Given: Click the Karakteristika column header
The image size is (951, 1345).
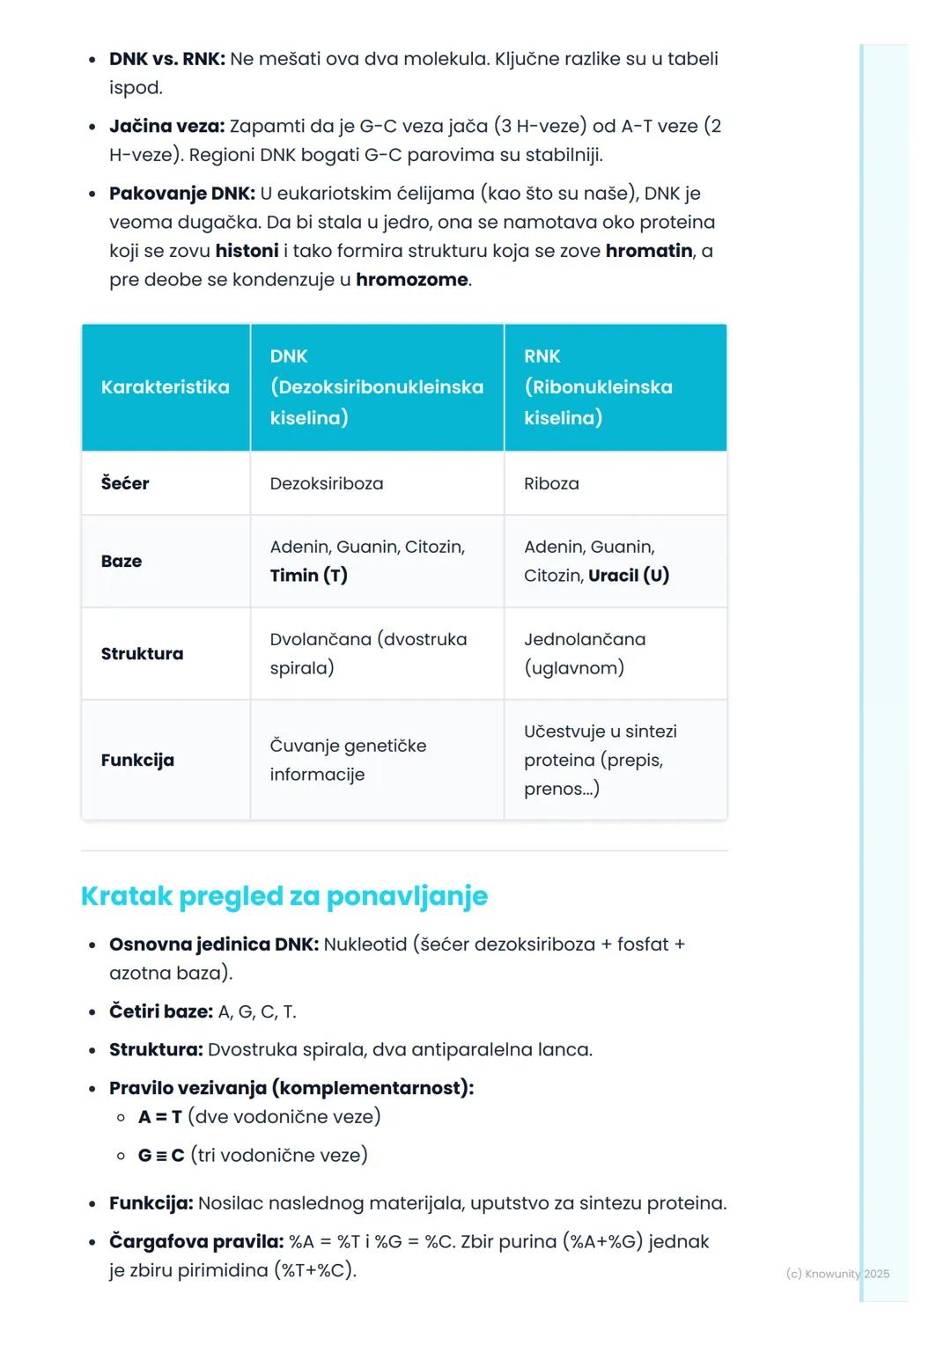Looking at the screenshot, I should click(165, 387).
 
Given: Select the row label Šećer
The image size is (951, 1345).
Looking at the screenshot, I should click(125, 483).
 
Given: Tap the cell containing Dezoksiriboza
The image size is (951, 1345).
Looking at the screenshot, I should click(327, 483).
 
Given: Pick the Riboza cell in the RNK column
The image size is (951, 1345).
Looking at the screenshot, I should click(551, 483).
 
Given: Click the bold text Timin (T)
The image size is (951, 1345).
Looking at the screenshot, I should click(308, 576).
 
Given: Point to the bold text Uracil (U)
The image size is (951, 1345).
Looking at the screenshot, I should click(629, 576).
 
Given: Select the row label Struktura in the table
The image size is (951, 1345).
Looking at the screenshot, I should click(142, 654).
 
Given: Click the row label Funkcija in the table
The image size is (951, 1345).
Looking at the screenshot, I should click(137, 761).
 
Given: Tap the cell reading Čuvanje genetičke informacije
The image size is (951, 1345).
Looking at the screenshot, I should click(348, 760).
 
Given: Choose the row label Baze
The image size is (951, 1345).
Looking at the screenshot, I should click(122, 562).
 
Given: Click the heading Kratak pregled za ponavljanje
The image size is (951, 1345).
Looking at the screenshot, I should click(284, 896).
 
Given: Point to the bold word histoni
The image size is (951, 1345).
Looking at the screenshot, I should click(247, 251).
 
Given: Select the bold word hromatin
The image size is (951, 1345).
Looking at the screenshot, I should click(649, 251).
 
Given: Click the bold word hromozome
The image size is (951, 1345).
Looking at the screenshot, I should click(412, 280).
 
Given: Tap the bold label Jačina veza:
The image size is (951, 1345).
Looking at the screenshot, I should click(166, 126).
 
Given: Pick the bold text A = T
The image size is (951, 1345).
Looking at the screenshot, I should click(159, 1117).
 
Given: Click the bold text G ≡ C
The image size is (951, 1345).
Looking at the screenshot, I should click(161, 1156).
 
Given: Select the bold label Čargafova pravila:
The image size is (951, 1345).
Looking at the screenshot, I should click(196, 1242).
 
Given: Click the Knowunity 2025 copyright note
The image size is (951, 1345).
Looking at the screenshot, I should click(837, 1274).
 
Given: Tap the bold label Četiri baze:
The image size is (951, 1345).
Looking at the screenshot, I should click(161, 1012).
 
